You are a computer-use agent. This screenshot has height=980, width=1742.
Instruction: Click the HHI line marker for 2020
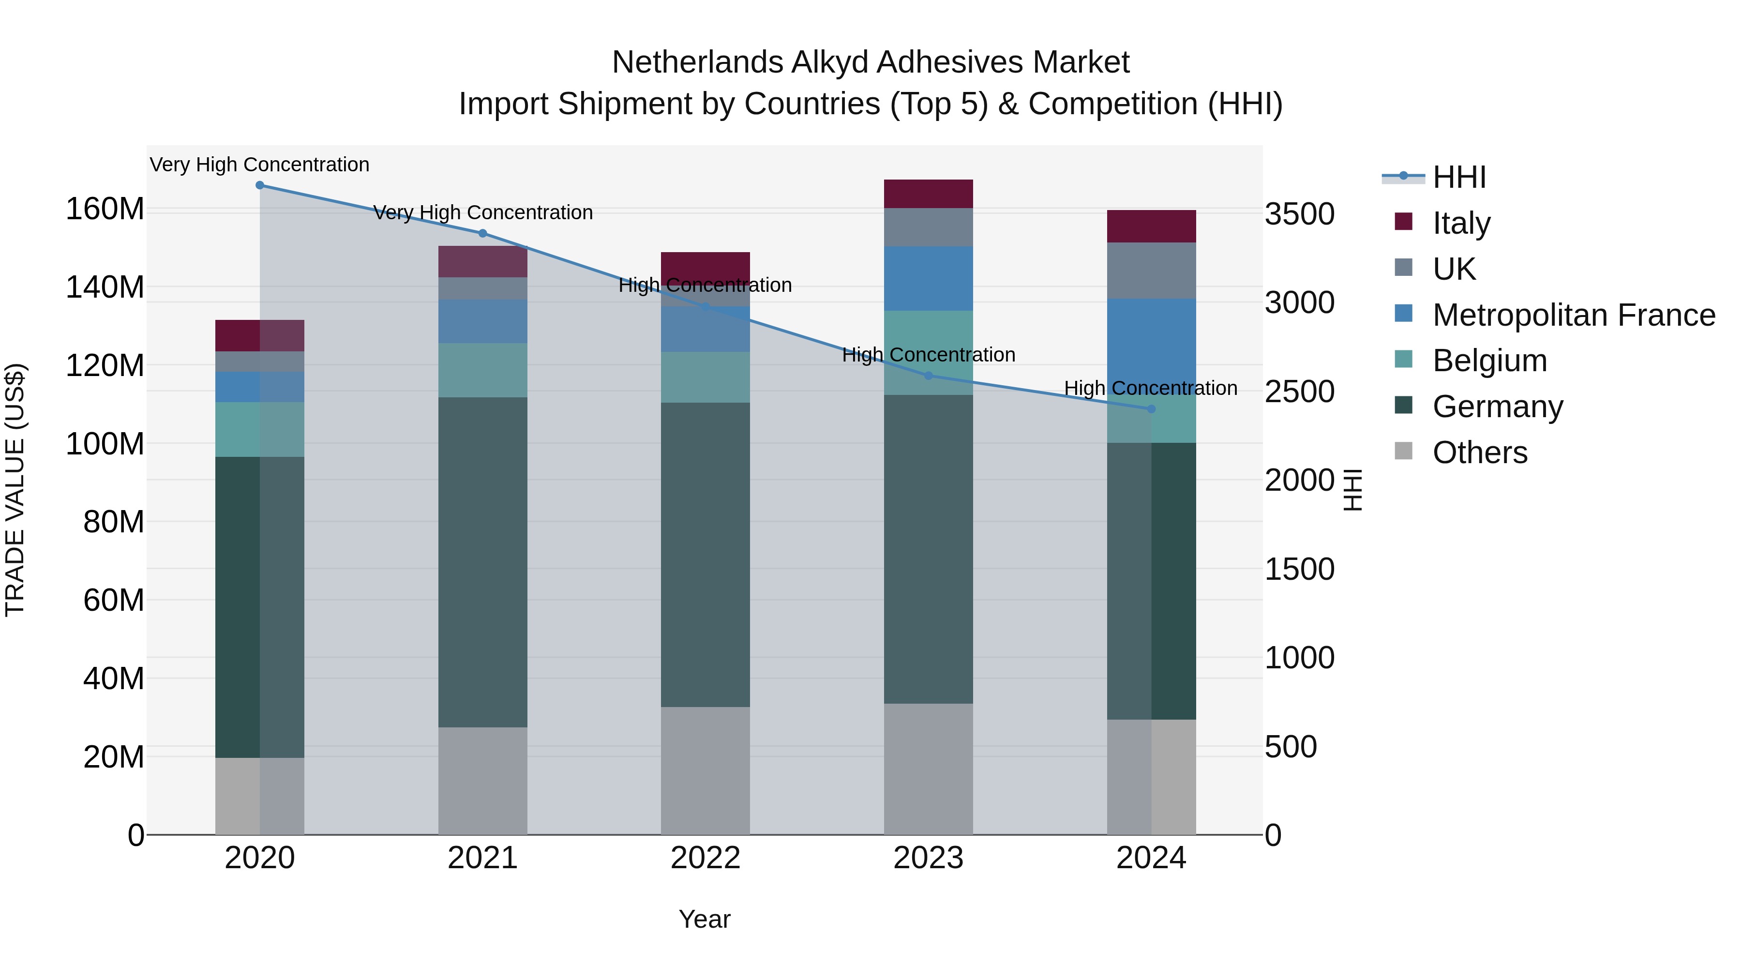click(260, 185)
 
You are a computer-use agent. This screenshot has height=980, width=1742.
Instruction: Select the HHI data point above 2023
click(929, 376)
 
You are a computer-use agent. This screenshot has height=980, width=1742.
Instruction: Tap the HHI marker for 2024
click(1152, 409)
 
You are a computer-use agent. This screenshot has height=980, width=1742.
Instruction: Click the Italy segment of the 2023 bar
click(929, 194)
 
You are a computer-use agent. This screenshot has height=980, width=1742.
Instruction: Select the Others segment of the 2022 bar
click(706, 770)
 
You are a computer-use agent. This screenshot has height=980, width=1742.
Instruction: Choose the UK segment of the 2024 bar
click(1152, 271)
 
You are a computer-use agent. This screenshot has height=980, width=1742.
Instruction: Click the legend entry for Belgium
click(1489, 361)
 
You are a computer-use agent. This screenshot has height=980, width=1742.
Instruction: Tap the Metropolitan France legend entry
click(1573, 315)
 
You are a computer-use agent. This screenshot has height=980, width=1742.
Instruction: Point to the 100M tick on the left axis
click(105, 444)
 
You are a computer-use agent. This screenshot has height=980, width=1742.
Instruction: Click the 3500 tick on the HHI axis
click(1300, 214)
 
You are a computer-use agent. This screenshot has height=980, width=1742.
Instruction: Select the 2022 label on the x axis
click(706, 858)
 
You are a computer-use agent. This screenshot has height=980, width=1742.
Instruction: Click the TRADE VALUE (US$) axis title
click(15, 490)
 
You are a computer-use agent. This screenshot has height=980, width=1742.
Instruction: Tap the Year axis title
click(705, 919)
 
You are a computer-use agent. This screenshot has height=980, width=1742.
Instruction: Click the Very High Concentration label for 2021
click(483, 212)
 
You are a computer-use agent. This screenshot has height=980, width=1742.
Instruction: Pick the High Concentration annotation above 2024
click(1151, 388)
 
